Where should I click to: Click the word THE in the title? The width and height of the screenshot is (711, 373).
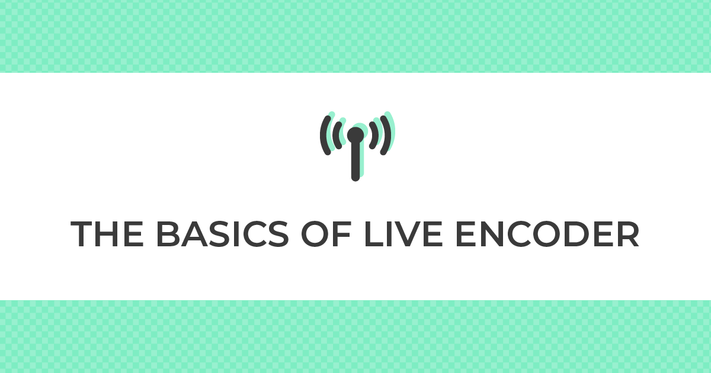tap(107, 234)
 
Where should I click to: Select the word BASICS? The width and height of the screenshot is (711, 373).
tap(223, 234)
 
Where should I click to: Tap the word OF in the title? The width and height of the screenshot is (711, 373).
tap(326, 234)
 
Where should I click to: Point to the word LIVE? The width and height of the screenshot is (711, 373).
tap(403, 234)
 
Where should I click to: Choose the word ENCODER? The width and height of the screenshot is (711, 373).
tap(547, 234)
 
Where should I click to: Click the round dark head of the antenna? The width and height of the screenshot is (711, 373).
tap(355, 136)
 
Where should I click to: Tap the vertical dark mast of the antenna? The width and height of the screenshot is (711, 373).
tap(355, 162)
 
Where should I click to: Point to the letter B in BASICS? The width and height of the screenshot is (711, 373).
tap(168, 234)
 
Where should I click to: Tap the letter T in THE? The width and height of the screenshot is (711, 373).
tap(81, 234)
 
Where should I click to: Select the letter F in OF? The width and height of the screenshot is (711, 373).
tap(342, 234)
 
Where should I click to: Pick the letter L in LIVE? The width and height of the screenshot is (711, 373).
tap(374, 234)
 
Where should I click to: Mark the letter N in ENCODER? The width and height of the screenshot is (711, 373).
tap(491, 234)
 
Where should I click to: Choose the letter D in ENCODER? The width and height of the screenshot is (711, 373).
tap(576, 234)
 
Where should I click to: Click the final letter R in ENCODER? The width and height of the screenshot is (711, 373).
tap(628, 234)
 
